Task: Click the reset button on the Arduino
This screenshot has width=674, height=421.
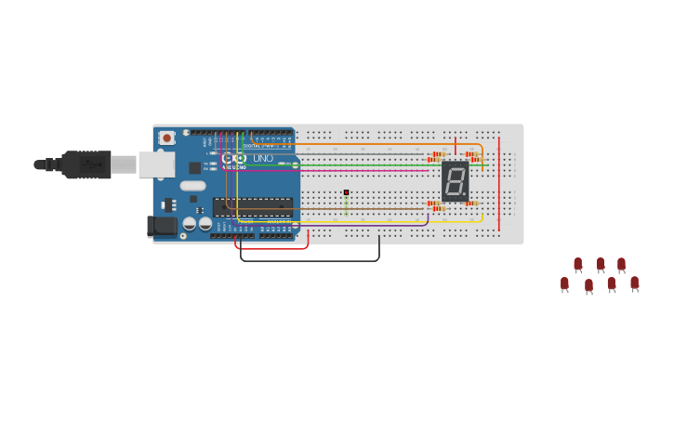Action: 166,138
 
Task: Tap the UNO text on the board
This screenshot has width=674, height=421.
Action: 263,159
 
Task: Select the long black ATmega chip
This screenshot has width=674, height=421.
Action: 253,206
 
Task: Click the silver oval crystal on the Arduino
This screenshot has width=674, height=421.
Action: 192,185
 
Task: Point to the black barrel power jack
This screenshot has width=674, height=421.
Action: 162,225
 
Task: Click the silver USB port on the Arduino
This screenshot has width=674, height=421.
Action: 156,164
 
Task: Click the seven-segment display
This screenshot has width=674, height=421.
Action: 455,181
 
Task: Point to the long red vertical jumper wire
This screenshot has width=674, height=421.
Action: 499,186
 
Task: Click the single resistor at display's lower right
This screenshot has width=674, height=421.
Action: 471,204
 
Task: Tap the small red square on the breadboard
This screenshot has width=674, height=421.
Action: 346,192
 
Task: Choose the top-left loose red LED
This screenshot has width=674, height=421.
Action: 578,264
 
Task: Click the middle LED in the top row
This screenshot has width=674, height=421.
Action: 601,264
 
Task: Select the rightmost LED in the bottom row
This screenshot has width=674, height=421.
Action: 634,283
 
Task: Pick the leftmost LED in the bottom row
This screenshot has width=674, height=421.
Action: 564,283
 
